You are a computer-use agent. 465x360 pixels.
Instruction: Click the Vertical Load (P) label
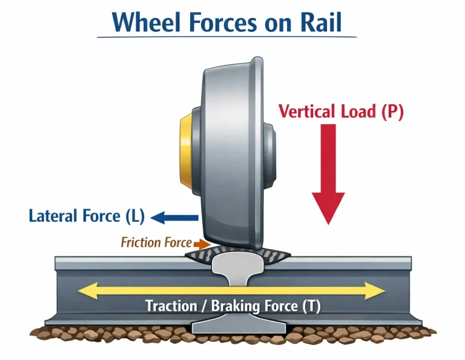(340, 111)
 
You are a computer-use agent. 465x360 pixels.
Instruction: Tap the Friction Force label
(156, 243)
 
